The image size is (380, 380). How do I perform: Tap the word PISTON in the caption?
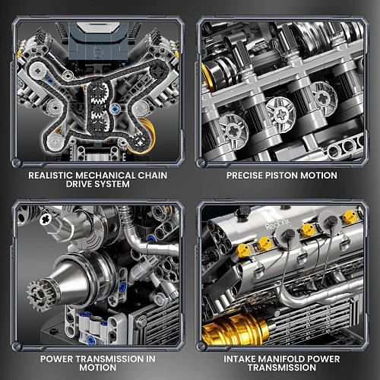coord(281,176)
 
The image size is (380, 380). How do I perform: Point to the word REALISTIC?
coord(51,176)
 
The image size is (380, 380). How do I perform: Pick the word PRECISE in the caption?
coord(245,176)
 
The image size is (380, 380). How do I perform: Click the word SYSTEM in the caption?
coord(112,184)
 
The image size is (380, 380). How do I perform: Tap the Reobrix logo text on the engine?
coord(277,224)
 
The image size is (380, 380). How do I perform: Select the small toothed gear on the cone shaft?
coord(40,295)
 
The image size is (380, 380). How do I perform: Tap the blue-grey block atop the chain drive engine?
coord(98,41)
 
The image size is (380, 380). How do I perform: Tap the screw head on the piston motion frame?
coord(202,162)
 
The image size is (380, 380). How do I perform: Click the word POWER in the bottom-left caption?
coord(56,359)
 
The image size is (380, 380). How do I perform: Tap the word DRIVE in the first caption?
coord(79,184)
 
